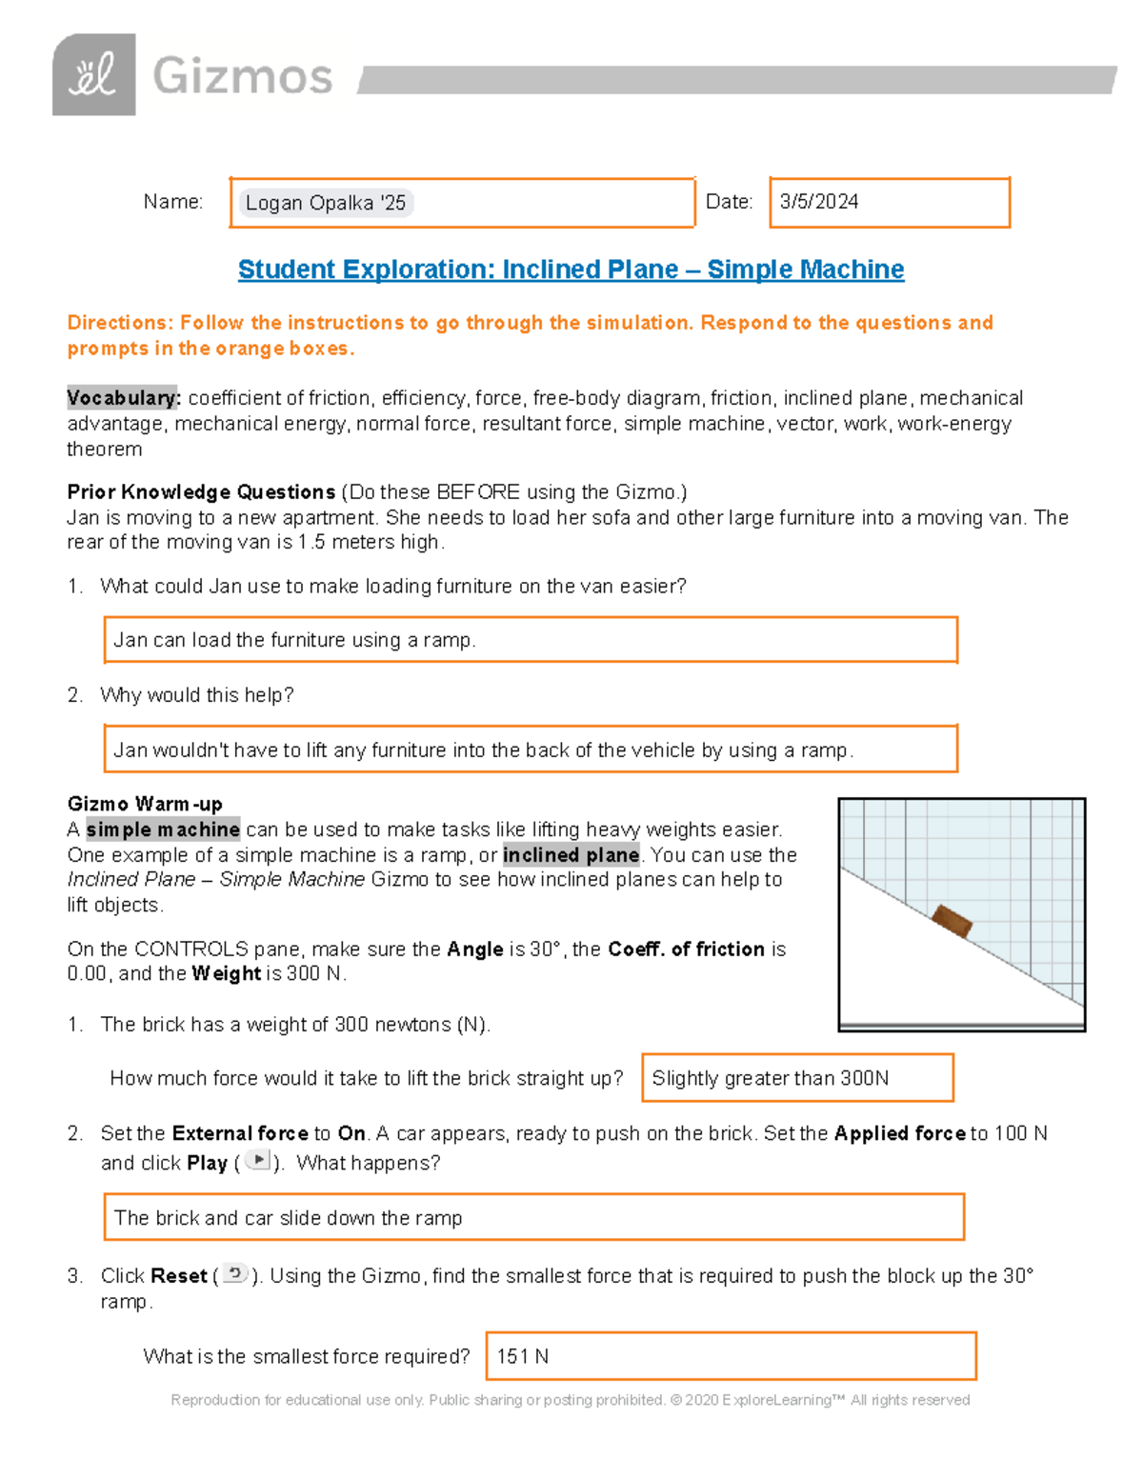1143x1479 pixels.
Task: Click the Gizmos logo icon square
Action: click(x=93, y=75)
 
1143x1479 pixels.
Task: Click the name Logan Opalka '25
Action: click(x=326, y=203)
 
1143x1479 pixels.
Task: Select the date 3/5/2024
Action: click(x=818, y=202)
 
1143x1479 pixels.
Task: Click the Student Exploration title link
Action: click(x=571, y=270)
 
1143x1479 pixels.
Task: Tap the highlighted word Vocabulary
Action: click(x=123, y=398)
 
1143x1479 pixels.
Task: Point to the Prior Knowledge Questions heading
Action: click(x=201, y=492)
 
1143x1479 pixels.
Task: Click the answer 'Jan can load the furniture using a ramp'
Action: click(x=294, y=640)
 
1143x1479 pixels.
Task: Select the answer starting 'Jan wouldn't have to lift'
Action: click(x=483, y=750)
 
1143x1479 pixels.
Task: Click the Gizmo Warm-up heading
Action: click(x=145, y=804)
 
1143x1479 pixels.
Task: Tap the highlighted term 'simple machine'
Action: click(x=163, y=829)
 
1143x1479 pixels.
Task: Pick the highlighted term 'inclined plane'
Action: click(x=571, y=855)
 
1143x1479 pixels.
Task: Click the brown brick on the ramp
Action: click(x=951, y=921)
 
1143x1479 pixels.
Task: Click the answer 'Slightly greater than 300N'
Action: click(x=770, y=1078)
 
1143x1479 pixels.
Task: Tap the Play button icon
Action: click(x=257, y=1161)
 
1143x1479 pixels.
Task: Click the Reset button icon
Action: click(x=235, y=1274)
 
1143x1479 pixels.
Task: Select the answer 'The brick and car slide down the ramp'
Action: click(x=288, y=1218)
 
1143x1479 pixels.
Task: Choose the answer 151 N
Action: click(x=522, y=1356)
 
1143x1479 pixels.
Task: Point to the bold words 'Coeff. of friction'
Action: click(x=686, y=949)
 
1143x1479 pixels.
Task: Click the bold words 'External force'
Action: click(x=240, y=1133)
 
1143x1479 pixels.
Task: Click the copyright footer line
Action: click(x=570, y=1400)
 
